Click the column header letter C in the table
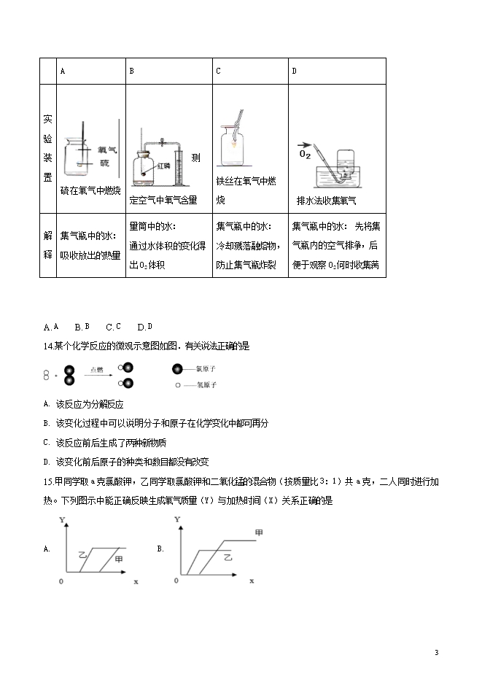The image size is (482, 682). (x=218, y=71)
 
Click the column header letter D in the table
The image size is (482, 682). (x=294, y=71)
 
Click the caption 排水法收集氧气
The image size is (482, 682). (x=326, y=200)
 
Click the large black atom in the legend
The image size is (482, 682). (x=178, y=369)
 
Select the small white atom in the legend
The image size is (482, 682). (x=178, y=384)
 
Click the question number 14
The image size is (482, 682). (x=49, y=346)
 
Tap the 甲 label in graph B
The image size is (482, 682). (x=257, y=533)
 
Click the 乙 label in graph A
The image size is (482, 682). (x=82, y=556)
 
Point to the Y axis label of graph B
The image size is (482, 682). (x=176, y=519)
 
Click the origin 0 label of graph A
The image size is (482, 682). (x=61, y=581)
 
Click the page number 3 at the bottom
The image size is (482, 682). (x=435, y=652)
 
